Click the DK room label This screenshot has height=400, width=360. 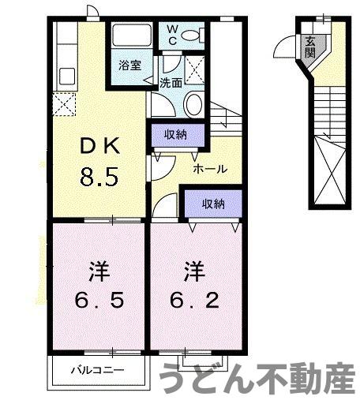(x=99, y=146)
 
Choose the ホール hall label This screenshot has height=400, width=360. (x=210, y=168)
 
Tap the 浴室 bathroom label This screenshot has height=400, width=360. (x=130, y=65)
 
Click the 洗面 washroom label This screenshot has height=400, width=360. (x=171, y=81)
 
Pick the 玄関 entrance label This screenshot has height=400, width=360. (x=310, y=47)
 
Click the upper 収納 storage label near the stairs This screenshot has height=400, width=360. (x=175, y=134)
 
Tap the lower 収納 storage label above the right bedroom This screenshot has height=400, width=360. (x=212, y=204)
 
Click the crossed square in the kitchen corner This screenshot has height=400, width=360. (x=63, y=103)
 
